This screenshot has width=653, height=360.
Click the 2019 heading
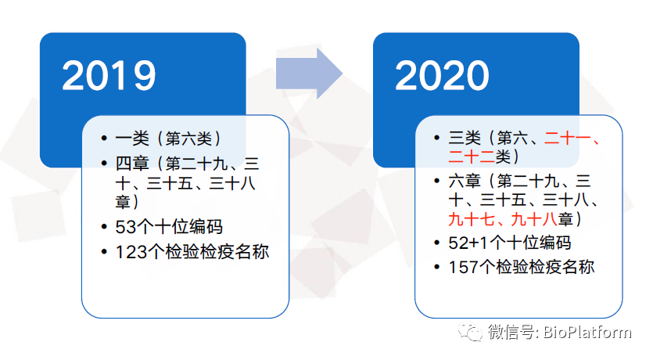tap(109, 75)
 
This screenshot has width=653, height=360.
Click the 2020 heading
tap(442, 75)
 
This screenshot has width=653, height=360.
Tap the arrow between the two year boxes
tap(309, 74)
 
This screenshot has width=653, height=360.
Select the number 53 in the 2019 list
tap(125, 227)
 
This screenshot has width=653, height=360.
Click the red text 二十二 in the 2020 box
tap(472, 157)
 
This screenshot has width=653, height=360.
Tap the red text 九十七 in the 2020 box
tap(472, 219)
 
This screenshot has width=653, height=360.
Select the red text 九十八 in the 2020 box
tap(534, 219)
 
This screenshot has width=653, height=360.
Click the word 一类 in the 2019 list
tap(132, 139)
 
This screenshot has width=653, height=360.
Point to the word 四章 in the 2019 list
tap(132, 164)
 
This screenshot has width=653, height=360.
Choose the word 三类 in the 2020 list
tap(465, 138)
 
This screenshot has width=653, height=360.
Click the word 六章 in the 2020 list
tap(465, 181)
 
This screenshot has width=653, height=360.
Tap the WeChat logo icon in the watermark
tap(470, 331)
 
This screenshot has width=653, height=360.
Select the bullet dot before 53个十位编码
tap(104, 227)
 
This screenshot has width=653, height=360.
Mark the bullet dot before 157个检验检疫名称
tap(437, 267)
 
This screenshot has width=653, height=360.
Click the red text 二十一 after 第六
tap(567, 138)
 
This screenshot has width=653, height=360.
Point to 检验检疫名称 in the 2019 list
tap(217, 252)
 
